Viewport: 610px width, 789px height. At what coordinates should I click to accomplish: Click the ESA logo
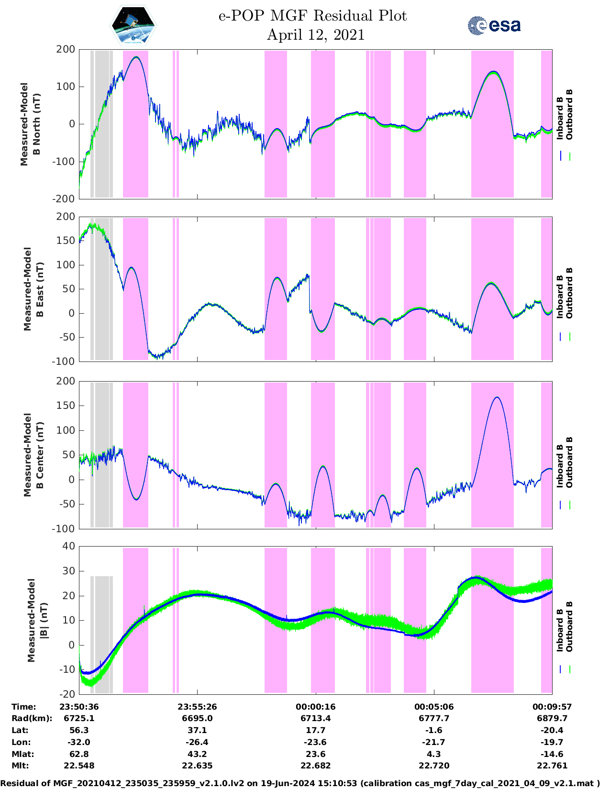pos(494,25)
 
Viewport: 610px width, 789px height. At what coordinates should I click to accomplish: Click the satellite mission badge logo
pos(133,27)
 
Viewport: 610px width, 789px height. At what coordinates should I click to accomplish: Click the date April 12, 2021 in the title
pos(315,35)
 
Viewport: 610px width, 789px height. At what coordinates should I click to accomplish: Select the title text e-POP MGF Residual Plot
pos(312,16)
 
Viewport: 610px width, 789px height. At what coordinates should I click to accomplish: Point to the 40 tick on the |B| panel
pos(69,546)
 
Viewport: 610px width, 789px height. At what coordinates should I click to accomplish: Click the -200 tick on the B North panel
pos(65,198)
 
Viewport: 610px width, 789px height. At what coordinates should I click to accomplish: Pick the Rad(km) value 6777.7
pos(433,718)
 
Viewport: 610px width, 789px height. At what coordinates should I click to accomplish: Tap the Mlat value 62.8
pos(79,754)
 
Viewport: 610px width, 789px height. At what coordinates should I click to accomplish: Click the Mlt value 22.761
pos(552,766)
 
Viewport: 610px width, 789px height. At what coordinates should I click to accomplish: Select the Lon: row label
pos(21,742)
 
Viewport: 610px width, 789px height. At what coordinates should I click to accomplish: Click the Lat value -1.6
pos(433,730)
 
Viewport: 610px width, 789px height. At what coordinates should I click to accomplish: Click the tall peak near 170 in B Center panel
pos(497,397)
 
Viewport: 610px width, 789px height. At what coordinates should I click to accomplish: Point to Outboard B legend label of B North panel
pos(569,114)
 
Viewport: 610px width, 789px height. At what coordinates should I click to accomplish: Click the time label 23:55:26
pos(197,707)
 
